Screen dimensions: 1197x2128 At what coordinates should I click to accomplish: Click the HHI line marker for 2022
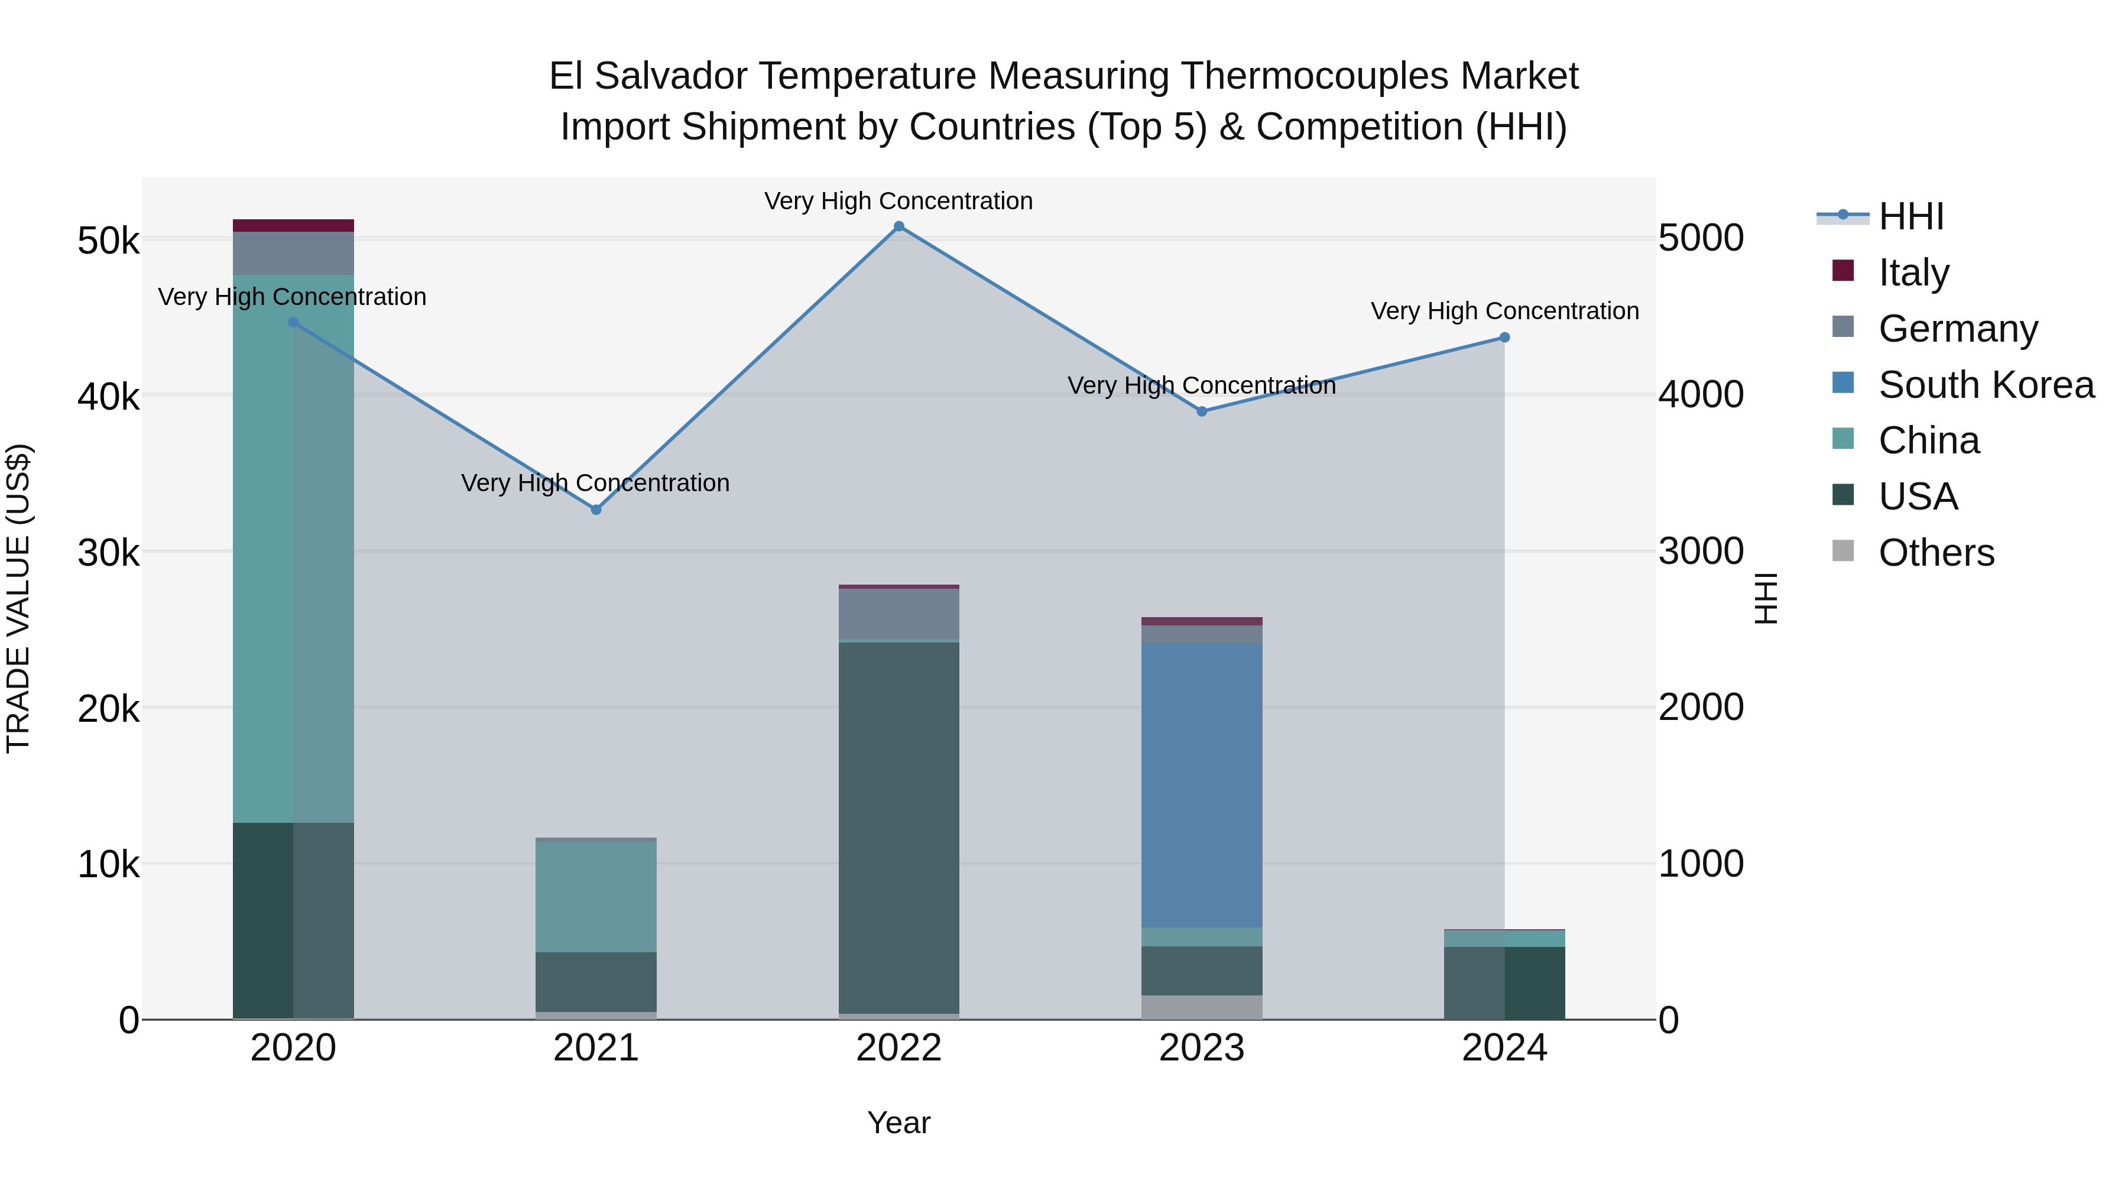tap(898, 226)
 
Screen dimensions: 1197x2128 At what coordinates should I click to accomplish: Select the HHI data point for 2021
tap(596, 510)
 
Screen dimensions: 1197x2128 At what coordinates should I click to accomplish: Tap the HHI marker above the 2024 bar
tap(1504, 337)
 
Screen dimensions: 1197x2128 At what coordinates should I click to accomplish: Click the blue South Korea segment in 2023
tap(1201, 785)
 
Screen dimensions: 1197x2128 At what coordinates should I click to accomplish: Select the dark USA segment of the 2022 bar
tap(898, 826)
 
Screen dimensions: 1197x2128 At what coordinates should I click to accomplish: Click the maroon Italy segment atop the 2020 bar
tap(293, 226)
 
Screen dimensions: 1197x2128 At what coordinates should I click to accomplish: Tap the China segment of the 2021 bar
tap(596, 896)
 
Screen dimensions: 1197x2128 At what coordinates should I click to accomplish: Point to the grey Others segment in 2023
tap(1201, 1007)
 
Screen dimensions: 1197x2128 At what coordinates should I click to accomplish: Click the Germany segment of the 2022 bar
tap(898, 613)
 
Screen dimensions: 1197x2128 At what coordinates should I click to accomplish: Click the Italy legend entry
tap(1913, 273)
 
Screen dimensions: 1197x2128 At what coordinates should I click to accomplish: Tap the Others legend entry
tap(1935, 553)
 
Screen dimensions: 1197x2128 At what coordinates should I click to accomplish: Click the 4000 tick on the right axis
tap(1701, 395)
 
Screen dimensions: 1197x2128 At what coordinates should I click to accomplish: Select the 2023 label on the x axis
tap(1201, 1048)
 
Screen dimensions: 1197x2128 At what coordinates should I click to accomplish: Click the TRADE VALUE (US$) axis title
tap(18, 598)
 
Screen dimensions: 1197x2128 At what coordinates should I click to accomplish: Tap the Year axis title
tap(898, 1123)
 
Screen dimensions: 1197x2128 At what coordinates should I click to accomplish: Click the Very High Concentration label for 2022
tap(898, 201)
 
